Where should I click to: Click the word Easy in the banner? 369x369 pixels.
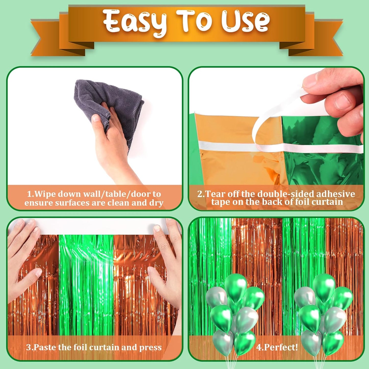point(135,22)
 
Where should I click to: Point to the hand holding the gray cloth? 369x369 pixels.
point(112,143)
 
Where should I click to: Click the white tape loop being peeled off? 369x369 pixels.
point(263,128)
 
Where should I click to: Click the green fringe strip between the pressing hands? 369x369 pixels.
point(86,286)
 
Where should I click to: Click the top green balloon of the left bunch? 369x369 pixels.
point(235,286)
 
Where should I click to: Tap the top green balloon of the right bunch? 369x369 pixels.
point(324,286)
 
